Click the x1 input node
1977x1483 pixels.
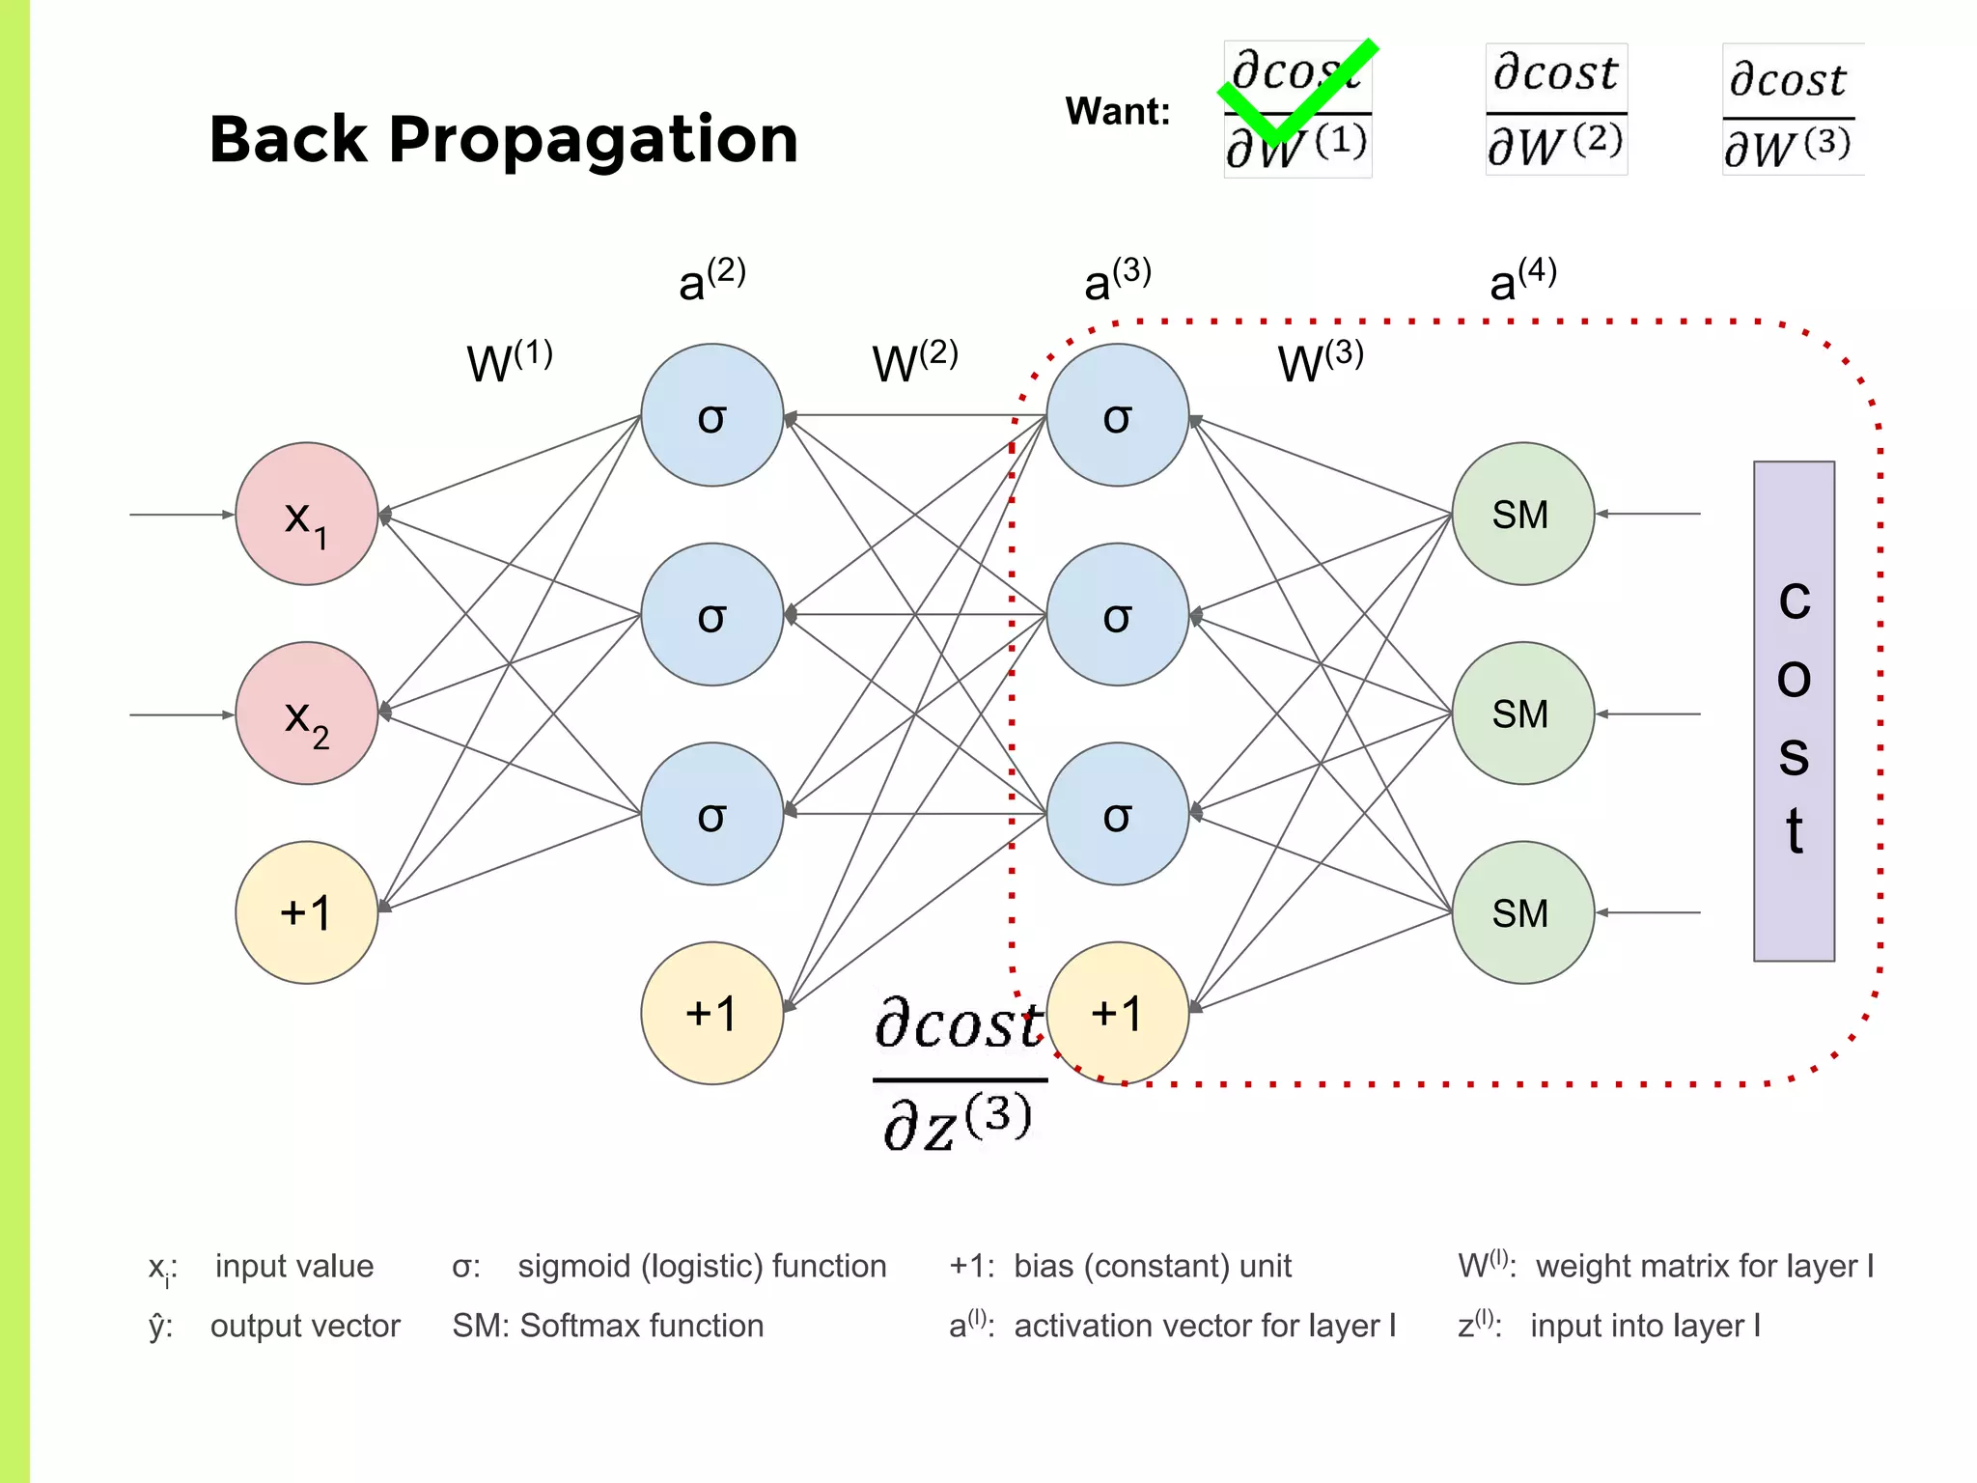[307, 514]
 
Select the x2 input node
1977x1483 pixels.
[307, 714]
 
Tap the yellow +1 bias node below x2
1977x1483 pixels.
[307, 912]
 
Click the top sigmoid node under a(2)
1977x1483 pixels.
[712, 415]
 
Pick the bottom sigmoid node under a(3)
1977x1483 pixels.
[1118, 814]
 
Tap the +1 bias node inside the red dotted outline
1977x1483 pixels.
[1118, 1014]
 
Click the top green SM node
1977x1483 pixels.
[1522, 514]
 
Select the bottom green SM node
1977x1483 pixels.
[1522, 912]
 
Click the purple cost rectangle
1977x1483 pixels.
[1794, 712]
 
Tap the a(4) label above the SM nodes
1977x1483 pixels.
[1522, 279]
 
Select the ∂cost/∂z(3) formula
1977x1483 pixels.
[959, 1074]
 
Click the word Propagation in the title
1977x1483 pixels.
[593, 141]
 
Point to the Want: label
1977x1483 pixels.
[1117, 112]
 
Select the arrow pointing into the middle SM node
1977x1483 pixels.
[1648, 714]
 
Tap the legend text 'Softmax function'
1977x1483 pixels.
[642, 1326]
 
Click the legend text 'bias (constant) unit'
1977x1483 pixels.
[1152, 1266]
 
